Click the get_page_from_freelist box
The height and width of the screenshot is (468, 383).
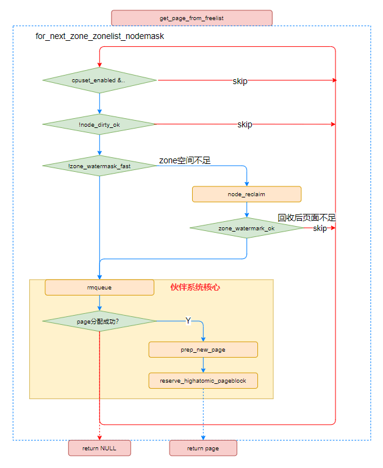[x=191, y=18]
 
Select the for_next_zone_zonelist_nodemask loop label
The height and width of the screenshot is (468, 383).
[x=100, y=37]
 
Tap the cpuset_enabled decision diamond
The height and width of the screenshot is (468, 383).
[x=99, y=80]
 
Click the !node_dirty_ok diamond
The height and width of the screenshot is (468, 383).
[x=99, y=124]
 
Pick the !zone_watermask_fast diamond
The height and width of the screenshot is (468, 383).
[x=99, y=166]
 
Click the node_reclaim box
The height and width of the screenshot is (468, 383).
[x=246, y=194]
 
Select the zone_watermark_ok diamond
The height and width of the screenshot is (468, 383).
[x=246, y=229]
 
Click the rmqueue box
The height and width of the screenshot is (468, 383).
[x=99, y=287]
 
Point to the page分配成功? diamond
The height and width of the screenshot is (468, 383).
[x=99, y=321]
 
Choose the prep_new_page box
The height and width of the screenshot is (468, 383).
[x=203, y=349]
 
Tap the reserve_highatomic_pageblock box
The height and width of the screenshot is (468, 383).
[x=203, y=381]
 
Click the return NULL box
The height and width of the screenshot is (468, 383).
[x=99, y=448]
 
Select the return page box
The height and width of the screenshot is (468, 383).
[x=203, y=448]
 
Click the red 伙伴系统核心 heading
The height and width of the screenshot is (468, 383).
[x=195, y=287]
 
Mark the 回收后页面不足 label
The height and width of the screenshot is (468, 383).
[x=307, y=218]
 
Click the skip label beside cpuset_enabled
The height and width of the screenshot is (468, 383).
[x=240, y=81]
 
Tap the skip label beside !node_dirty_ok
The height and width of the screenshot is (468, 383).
[x=245, y=124]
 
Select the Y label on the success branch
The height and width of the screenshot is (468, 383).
[x=188, y=321]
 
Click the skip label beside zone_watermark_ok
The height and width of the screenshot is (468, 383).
[x=320, y=229]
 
